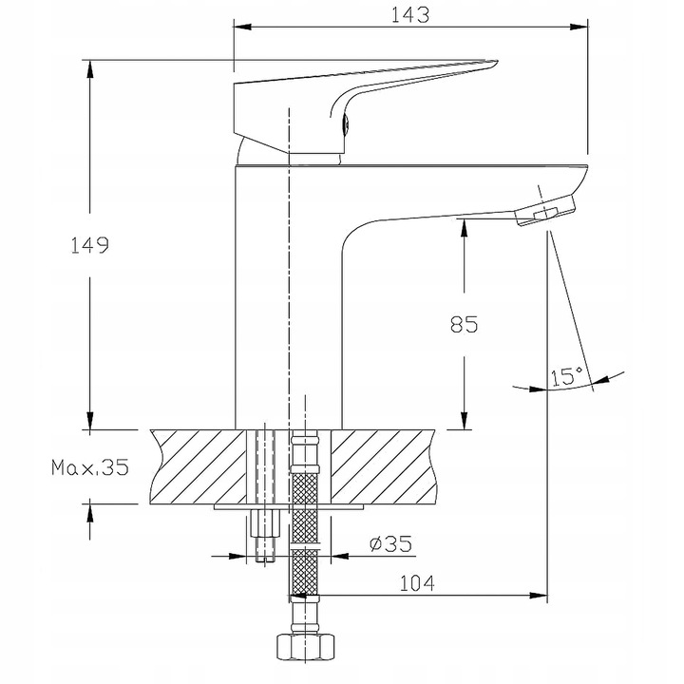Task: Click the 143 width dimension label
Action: point(409,15)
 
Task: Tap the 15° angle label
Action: point(565,377)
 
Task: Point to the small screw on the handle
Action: point(346,120)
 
